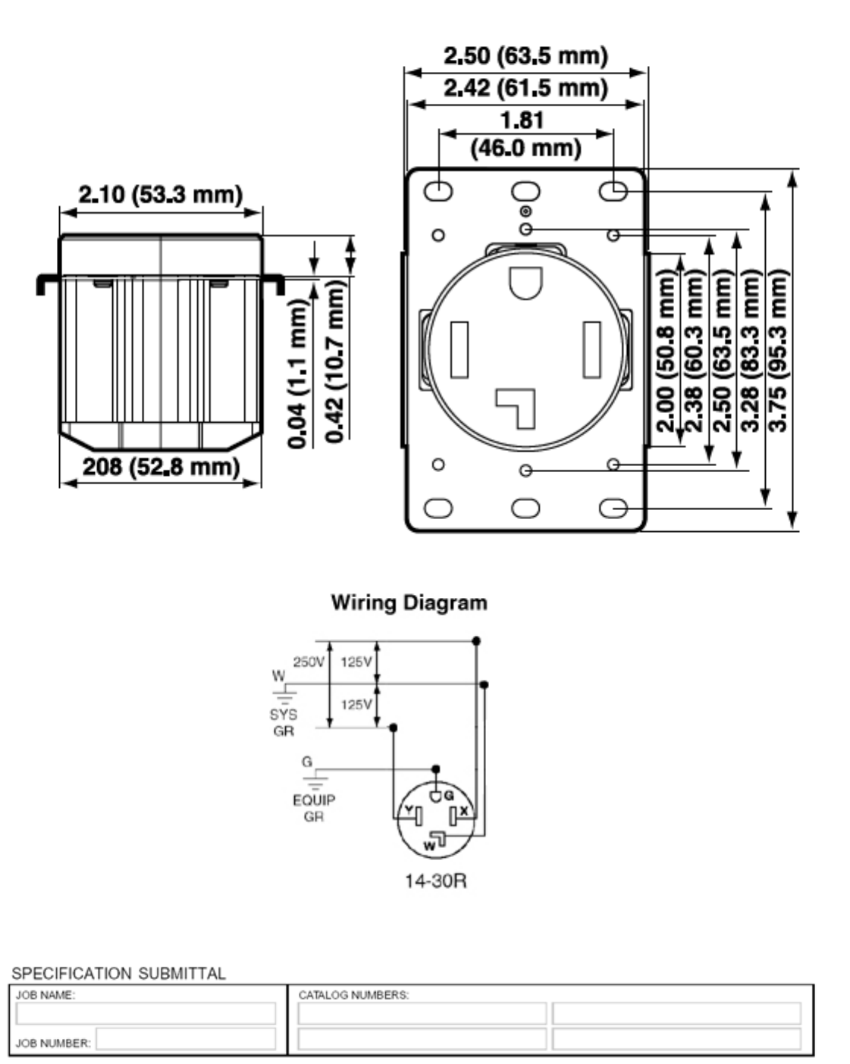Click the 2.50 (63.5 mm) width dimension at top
(525, 56)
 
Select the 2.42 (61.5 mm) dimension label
(525, 89)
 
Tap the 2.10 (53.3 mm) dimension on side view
(161, 195)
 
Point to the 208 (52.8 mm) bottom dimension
(161, 466)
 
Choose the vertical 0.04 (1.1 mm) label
(300, 372)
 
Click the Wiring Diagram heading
(409, 603)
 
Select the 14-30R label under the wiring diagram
(435, 881)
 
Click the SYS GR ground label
(283, 722)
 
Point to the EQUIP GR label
(313, 808)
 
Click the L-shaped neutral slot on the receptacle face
(517, 406)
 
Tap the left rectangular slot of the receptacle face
(460, 349)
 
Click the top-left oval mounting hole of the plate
(438, 192)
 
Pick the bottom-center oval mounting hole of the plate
(525, 508)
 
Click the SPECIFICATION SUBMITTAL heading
(118, 974)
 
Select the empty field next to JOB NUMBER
(186, 1042)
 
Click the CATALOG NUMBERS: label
(353, 995)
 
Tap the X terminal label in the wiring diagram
(464, 812)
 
